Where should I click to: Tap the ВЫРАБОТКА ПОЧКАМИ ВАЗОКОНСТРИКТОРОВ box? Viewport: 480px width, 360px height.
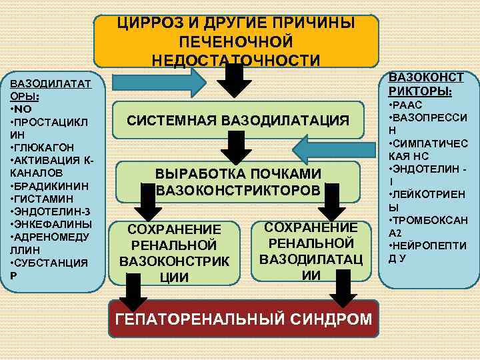pos(238,182)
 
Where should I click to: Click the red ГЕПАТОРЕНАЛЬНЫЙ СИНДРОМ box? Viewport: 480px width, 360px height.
pos(243,319)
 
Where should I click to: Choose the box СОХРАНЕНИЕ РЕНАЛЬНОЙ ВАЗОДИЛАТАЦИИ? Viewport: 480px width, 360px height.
pos(307,250)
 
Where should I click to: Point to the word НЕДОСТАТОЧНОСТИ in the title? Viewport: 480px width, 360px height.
pos(236,59)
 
